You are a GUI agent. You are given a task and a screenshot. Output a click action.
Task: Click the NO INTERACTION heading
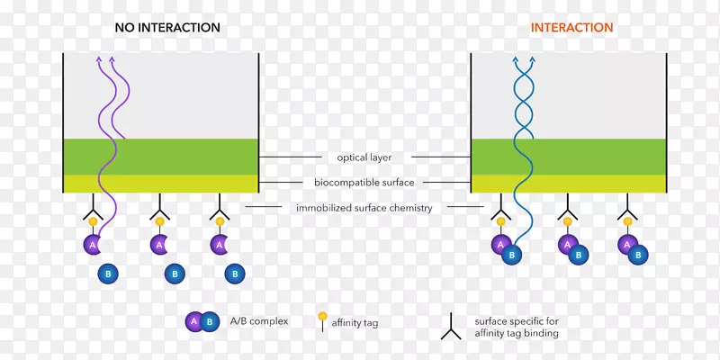[x=167, y=27]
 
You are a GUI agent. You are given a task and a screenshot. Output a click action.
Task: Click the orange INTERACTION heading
[x=571, y=27]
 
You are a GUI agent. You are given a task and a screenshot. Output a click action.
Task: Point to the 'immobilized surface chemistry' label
[x=364, y=208]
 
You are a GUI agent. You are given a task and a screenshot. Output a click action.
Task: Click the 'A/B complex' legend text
[x=259, y=320]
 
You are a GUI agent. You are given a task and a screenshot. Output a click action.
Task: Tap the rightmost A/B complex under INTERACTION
[x=633, y=249]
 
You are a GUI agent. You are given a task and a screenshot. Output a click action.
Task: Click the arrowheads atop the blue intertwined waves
[x=524, y=59]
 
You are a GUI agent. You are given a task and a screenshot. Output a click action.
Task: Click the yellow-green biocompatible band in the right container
[x=569, y=184]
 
